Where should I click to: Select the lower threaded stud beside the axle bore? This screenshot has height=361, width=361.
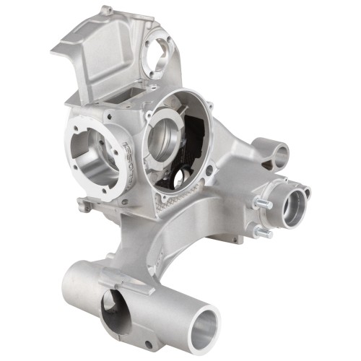point(262,232)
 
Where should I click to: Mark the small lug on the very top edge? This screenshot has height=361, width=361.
point(106,10)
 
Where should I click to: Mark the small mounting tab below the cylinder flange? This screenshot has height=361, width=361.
point(84,205)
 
